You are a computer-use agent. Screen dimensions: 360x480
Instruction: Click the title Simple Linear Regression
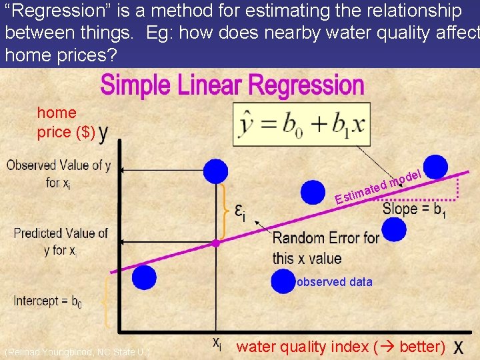click(x=232, y=87)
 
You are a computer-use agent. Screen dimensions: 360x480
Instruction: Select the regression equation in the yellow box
click(x=299, y=127)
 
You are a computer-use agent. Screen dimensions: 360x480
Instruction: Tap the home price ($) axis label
click(x=63, y=123)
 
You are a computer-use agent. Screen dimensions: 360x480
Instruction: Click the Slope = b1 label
click(x=414, y=209)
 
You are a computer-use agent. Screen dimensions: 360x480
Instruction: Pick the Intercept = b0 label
click(x=48, y=301)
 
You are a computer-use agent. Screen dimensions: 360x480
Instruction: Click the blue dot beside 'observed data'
click(x=283, y=281)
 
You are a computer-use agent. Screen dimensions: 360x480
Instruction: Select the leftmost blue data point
click(x=144, y=277)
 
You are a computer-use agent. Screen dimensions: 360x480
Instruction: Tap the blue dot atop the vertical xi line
click(x=215, y=171)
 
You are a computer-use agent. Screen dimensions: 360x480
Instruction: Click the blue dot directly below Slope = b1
click(x=394, y=230)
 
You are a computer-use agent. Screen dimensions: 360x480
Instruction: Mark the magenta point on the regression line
click(x=215, y=244)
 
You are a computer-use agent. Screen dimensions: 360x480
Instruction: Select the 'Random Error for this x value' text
click(x=325, y=248)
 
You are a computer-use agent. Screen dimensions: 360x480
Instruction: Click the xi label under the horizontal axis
click(x=217, y=343)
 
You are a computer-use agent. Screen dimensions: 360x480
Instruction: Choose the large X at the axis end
click(x=460, y=347)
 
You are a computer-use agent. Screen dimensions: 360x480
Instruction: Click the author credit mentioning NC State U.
click(x=77, y=352)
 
